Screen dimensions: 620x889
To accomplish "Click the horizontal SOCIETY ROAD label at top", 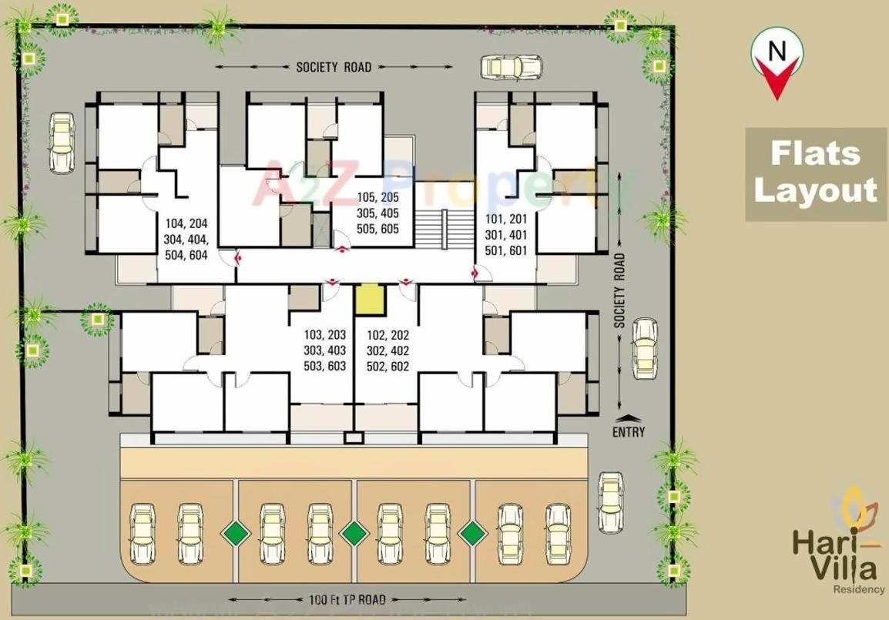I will click(x=334, y=67).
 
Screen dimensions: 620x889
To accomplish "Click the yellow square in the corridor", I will click(x=369, y=298).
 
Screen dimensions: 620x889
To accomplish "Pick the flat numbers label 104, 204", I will click(x=186, y=240).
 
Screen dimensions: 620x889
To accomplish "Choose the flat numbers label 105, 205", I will click(x=377, y=213).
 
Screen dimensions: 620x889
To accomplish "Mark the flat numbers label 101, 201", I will click(x=506, y=235).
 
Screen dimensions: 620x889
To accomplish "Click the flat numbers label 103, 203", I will click(x=324, y=350).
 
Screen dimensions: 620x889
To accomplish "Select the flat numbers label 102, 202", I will click(x=387, y=350).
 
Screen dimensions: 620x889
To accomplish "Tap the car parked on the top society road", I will click(x=512, y=67).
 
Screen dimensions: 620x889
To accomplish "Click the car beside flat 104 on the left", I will click(x=62, y=142).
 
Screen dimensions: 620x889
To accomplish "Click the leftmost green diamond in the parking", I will click(x=236, y=532).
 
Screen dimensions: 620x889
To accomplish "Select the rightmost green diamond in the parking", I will click(x=471, y=532).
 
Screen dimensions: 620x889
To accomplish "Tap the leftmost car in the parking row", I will click(x=143, y=531).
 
